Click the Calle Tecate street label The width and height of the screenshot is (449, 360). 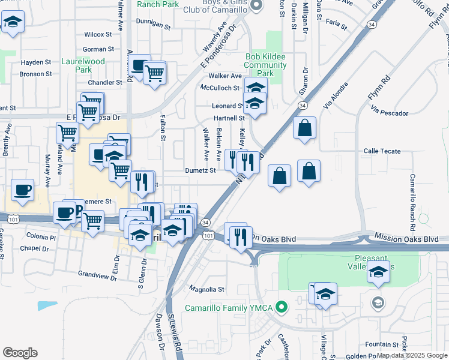point(381,151)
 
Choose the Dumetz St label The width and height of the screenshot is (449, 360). point(200,170)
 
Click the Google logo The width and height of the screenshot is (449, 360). point(20,353)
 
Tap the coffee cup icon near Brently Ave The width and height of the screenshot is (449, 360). point(23,190)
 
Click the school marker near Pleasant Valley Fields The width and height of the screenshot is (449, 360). point(378,274)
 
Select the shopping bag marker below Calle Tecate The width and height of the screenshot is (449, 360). point(309,172)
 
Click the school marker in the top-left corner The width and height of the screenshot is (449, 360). point(12,23)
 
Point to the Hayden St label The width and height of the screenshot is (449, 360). point(36,62)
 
